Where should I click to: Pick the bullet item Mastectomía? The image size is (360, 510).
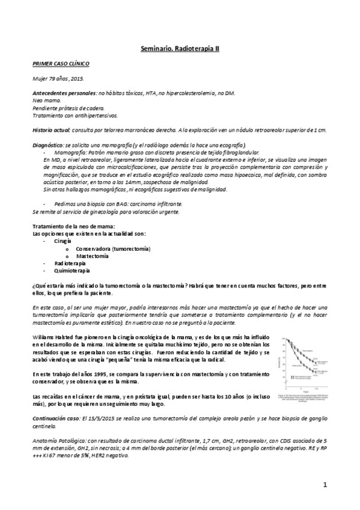click(92, 256)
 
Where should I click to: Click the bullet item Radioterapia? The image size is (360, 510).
click(70, 263)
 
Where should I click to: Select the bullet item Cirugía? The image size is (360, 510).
click(63, 241)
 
